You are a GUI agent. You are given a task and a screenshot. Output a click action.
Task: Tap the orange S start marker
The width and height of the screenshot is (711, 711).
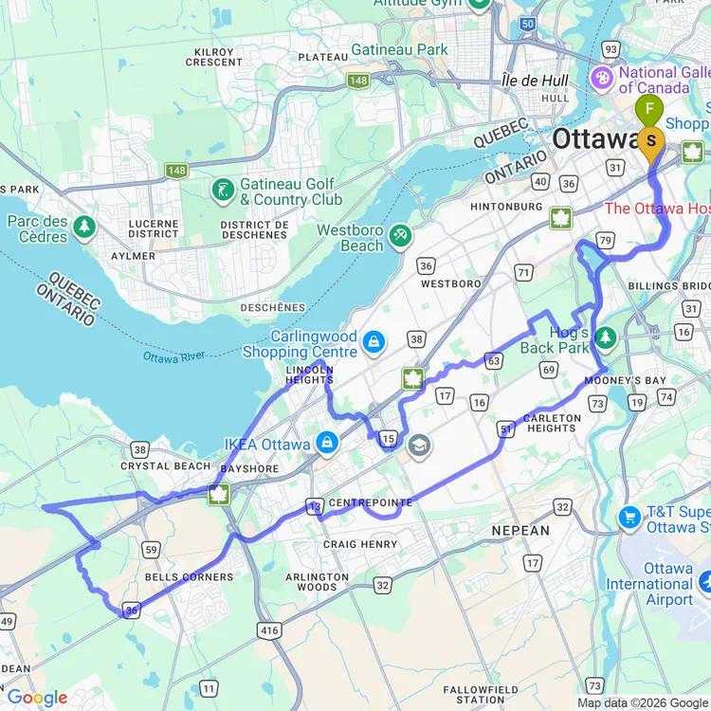coord(651,141)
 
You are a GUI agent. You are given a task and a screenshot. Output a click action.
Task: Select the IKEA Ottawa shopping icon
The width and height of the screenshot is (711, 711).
coord(327,443)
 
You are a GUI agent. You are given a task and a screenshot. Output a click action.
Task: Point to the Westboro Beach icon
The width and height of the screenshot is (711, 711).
coord(400,233)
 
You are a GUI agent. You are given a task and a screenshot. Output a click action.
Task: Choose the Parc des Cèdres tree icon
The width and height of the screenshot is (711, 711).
coord(84,227)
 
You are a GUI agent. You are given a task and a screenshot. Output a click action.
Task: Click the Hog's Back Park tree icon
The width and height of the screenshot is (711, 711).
coord(605,337)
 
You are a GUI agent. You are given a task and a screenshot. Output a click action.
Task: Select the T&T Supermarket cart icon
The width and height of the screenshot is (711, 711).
coord(629,517)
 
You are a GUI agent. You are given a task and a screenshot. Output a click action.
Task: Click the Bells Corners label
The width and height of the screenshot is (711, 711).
coord(189,576)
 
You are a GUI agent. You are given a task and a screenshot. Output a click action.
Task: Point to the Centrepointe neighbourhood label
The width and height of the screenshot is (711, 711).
coord(371,502)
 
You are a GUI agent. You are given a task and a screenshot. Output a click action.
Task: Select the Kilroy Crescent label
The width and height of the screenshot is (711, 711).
coord(214,56)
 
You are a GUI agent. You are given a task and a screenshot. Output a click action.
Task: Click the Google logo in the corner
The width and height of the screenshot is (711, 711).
coord(36,698)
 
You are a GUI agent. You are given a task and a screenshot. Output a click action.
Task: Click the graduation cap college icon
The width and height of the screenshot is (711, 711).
coord(418,444)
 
